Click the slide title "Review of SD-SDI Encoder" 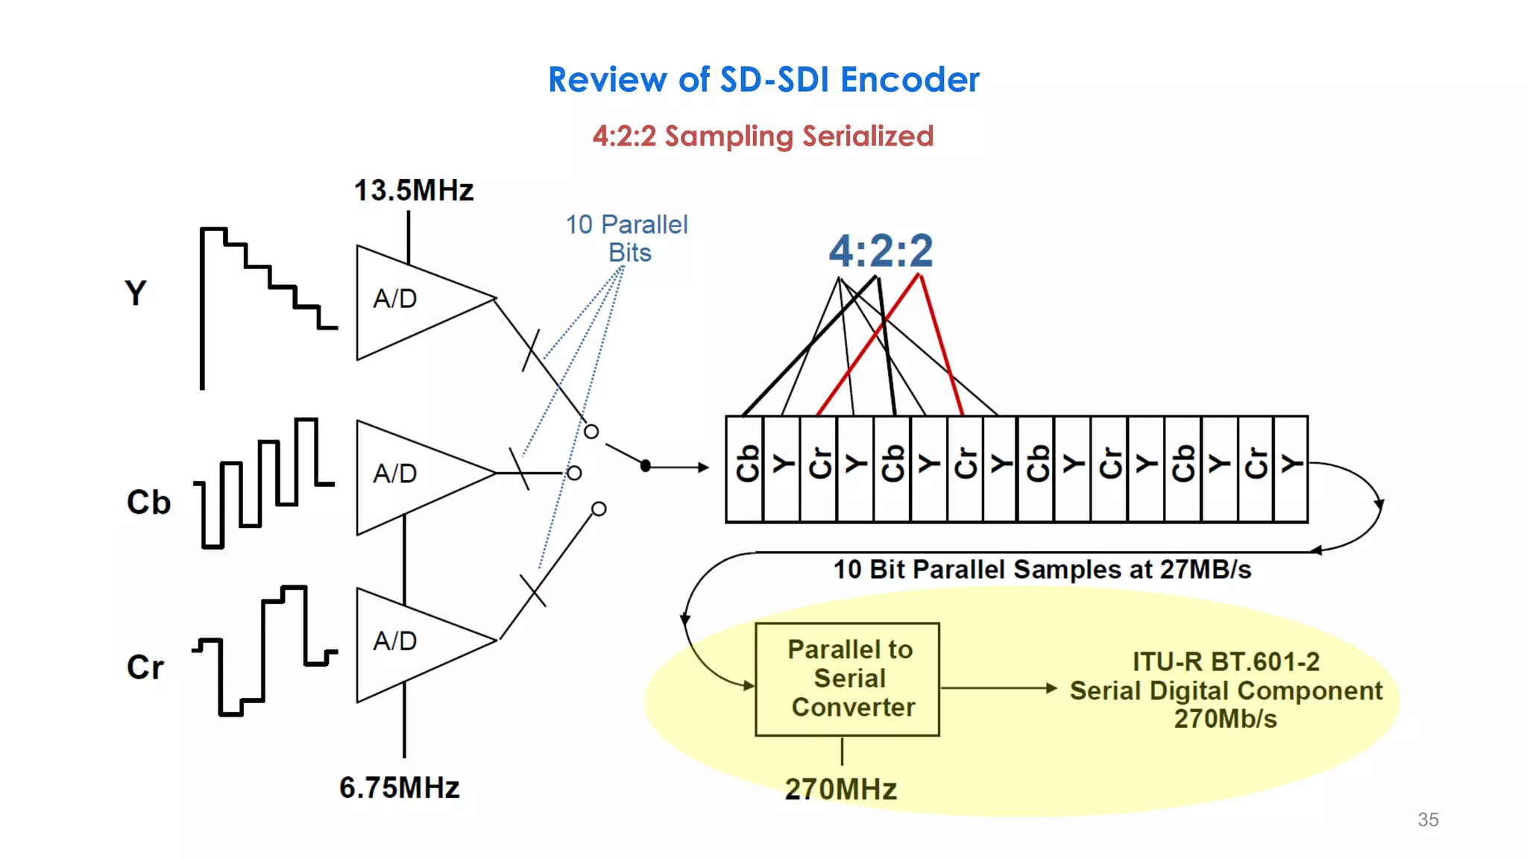pos(763,80)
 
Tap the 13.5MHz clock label pos(414,191)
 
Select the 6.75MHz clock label pos(400,788)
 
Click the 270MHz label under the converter pos(841,790)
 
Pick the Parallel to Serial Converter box pos(848,679)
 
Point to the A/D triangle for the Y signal pos(410,302)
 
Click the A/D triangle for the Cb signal pos(410,476)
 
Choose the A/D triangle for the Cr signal pos(410,644)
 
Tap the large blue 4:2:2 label pos(881,251)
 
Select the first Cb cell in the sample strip pos(746,468)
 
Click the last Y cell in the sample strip pos(1291,468)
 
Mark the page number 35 pos(1428,819)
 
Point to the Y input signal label pos(136,293)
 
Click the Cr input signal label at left pos(145,667)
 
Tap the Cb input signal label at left pos(148,503)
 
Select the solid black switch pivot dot pos(646,466)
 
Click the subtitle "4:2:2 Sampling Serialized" pos(763,136)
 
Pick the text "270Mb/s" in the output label pos(1225,720)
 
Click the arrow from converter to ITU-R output pos(999,688)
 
